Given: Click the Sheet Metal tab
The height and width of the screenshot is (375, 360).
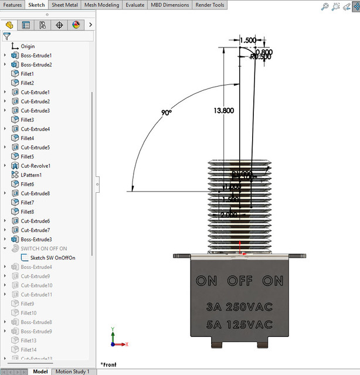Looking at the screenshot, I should [x=64, y=5].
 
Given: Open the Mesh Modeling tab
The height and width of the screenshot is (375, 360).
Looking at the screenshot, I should [x=101, y=5].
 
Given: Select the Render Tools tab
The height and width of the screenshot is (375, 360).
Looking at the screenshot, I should [x=210, y=5].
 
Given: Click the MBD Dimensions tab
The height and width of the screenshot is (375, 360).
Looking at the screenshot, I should [x=170, y=5].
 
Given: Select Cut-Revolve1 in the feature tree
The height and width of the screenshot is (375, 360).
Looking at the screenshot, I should [x=36, y=166].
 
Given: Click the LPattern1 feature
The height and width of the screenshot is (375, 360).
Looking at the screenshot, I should [x=31, y=175].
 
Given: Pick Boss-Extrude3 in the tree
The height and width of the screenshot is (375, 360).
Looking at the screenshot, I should [x=36, y=239].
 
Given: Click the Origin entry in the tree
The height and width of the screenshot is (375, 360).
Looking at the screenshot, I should [x=28, y=46].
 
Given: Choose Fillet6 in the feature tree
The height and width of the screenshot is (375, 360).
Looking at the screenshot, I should [x=28, y=184].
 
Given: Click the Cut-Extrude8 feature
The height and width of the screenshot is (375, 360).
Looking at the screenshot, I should [x=35, y=193].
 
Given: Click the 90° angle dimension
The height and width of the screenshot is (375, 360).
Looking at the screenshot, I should [x=167, y=112].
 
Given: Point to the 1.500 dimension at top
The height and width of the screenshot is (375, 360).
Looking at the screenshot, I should [x=247, y=40].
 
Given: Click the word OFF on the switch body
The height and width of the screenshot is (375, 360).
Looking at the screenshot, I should [x=239, y=281].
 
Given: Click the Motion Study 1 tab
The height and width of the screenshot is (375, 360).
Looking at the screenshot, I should [x=72, y=371].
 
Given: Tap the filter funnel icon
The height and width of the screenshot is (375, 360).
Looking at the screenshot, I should [x=7, y=36].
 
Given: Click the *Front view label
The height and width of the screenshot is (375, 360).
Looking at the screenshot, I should [x=108, y=364].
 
